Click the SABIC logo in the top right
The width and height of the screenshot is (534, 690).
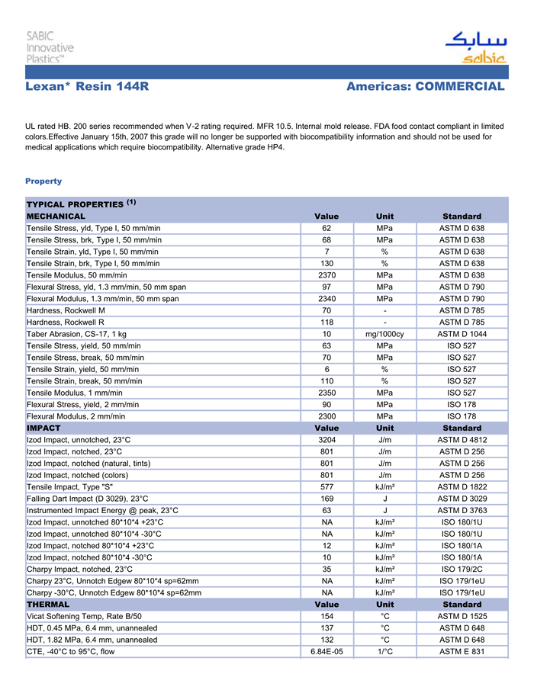474,47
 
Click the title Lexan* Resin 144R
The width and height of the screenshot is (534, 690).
87,87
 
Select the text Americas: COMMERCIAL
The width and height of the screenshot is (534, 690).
425,87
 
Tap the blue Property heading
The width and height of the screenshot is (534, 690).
43,181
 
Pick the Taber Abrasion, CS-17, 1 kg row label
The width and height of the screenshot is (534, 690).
76,334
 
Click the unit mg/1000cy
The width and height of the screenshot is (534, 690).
385,334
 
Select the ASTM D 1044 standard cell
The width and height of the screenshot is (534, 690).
462,334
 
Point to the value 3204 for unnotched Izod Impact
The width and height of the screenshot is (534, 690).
327,440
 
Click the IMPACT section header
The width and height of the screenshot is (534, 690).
43,428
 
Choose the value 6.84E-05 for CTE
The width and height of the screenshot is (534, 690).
327,652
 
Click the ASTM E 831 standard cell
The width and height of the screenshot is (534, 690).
462,652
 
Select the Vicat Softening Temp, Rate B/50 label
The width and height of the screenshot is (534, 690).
84,616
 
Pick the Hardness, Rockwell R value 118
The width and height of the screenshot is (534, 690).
327,323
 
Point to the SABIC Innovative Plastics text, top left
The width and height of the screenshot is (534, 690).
50,47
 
